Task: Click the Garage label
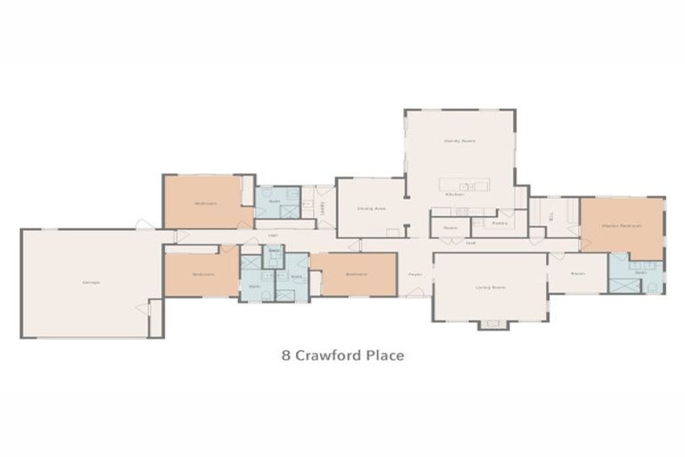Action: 91,283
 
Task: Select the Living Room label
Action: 490,287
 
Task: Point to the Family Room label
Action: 459,141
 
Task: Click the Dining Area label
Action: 371,208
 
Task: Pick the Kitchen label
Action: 454,194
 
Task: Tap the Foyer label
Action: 415,275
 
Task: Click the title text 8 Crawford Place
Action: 342,355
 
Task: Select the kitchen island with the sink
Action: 464,186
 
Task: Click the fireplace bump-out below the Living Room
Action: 492,324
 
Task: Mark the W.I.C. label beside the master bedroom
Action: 553,214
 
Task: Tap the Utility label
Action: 322,208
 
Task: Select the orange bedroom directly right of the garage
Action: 202,274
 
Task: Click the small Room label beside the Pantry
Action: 450,227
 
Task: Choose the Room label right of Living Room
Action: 577,273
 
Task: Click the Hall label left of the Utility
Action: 273,236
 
